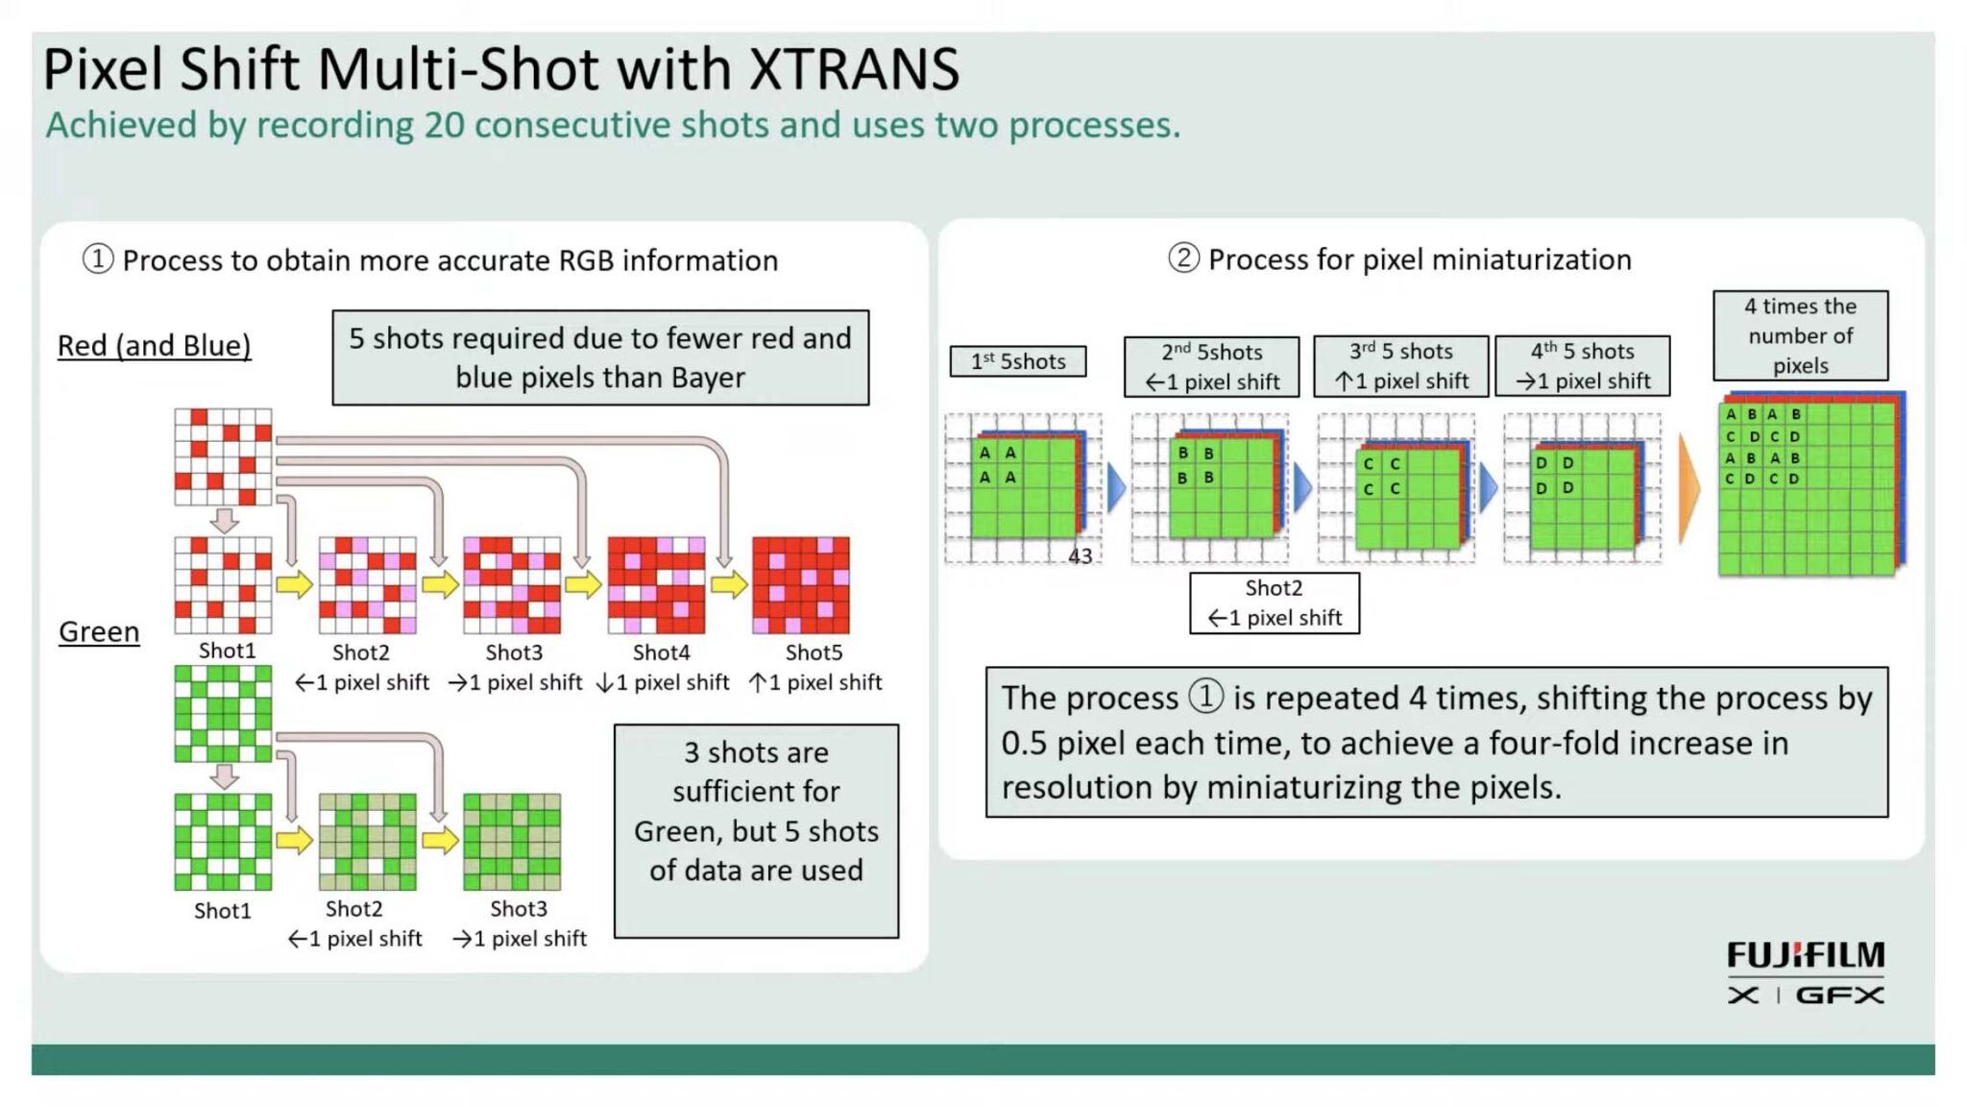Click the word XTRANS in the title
853,69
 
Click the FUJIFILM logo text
1805,955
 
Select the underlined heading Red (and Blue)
154,345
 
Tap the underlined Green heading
99,631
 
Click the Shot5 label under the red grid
814,652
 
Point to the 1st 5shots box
1018,361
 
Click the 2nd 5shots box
1211,366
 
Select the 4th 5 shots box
1582,366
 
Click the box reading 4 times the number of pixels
1800,335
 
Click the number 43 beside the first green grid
1081,555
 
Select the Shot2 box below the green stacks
1274,603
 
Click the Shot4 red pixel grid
656,585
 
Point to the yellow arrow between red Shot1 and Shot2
294,584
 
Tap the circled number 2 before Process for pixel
1183,258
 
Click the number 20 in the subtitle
445,125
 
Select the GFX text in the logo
1839,996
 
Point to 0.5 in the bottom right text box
1024,743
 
